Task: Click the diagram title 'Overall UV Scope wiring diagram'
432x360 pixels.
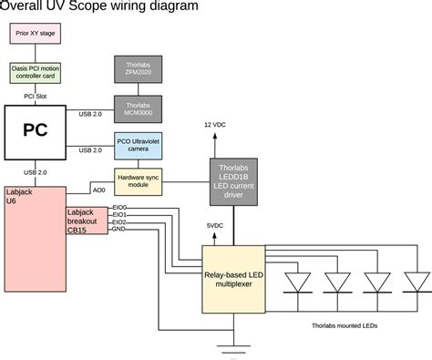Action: [x=99, y=8]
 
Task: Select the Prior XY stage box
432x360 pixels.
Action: [x=36, y=36]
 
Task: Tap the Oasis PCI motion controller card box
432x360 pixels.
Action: [x=36, y=71]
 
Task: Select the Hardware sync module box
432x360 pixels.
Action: [x=138, y=181]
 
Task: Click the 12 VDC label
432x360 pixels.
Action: [x=215, y=124]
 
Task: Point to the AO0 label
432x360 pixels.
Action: [x=99, y=190]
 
